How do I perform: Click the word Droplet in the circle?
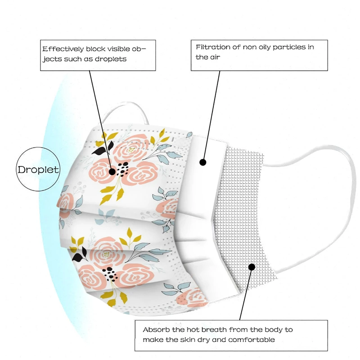[38, 170]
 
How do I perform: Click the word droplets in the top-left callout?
[111, 58]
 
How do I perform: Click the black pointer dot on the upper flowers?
[112, 171]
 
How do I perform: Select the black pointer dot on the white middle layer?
[202, 162]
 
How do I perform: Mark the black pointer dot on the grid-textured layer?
[252, 267]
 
